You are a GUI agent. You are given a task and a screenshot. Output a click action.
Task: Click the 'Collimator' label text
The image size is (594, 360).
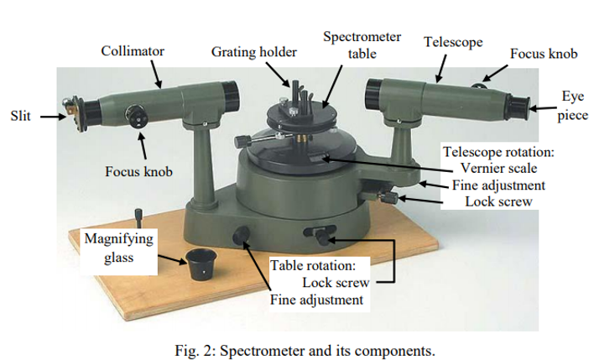pos(133,51)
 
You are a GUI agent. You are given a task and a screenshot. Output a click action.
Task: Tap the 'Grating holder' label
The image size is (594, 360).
pos(253,52)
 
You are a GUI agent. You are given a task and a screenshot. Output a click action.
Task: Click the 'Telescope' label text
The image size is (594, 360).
pos(453,42)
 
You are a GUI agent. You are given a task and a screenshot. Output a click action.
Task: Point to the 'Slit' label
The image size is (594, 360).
pos(20,116)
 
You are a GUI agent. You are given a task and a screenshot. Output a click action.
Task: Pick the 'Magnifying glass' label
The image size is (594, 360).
pos(118,248)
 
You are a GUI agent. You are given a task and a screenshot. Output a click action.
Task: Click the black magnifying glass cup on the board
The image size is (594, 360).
pos(199,264)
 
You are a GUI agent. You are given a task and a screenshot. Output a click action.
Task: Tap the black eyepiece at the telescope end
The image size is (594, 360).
pos(520,105)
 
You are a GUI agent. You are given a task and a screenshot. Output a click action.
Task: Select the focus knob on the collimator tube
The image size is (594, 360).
pos(135,115)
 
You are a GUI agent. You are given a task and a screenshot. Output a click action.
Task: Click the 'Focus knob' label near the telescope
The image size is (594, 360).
pos(544,53)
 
